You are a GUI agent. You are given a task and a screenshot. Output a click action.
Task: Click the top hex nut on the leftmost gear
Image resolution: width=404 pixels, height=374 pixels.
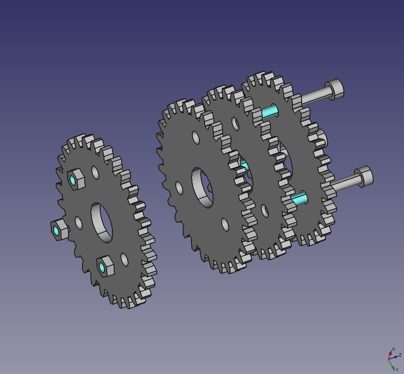click(76, 179)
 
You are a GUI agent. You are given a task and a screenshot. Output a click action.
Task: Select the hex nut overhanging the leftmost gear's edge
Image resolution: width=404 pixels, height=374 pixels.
click(60, 230)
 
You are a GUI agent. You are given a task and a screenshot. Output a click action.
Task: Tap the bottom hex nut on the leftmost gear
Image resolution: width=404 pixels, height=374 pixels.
click(105, 266)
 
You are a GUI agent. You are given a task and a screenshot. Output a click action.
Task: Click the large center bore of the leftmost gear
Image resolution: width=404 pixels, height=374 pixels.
click(102, 223)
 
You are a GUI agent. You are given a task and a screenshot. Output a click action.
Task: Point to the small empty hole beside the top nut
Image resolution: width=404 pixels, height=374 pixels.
click(95, 173)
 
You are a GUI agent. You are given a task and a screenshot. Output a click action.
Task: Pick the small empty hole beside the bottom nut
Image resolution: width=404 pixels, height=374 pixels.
click(124, 259)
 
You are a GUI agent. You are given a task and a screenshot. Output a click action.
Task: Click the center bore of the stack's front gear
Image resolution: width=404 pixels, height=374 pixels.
click(202, 188)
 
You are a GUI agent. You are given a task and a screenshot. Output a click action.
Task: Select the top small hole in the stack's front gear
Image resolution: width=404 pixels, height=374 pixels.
click(196, 137)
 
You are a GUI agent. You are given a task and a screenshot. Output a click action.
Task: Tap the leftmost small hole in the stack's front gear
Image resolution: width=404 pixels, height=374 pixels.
click(179, 188)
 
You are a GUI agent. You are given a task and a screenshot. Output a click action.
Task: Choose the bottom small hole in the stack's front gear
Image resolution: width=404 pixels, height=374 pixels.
click(225, 225)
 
